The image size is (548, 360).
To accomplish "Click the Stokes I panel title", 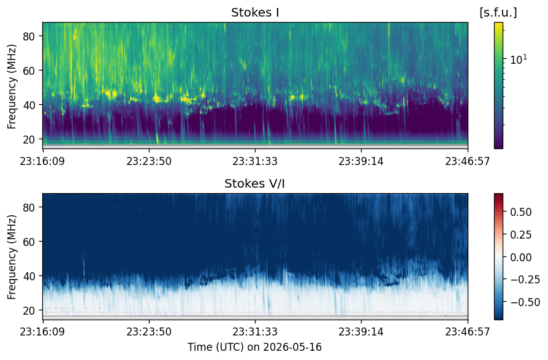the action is coord(255,13).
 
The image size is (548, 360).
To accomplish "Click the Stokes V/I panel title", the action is coord(254,184).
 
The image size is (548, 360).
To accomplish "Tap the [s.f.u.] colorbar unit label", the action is coord(498,13).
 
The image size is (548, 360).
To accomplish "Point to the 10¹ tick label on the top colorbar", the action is coord(519,59).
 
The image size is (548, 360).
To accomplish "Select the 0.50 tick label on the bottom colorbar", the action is coord(521,212).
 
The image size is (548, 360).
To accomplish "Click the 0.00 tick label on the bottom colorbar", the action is coord(521,257).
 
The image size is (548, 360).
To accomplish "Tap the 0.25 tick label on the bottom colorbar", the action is coord(521,235).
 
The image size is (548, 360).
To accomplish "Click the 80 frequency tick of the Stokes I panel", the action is coord(29,36).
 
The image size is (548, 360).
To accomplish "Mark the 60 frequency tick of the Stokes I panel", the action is coord(29,71).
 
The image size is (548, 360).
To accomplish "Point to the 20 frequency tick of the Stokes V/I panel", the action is coord(29,310).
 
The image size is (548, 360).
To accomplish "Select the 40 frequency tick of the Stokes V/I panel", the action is coord(29,276).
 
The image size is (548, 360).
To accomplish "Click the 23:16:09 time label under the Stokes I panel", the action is coord(43,161).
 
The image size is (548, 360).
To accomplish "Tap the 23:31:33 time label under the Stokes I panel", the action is coord(255,161).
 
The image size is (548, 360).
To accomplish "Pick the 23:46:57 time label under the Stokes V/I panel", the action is coord(468,332).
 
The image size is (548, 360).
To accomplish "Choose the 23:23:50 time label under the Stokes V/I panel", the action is coord(149,332).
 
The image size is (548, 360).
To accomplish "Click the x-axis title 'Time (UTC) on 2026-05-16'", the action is coord(254,347).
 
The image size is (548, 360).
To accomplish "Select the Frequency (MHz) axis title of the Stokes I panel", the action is coord(12,86).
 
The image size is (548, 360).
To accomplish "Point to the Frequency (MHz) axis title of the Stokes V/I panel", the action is coord(12,257).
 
